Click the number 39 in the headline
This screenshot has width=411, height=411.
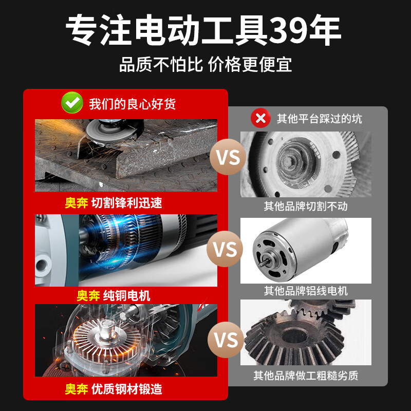[289, 30]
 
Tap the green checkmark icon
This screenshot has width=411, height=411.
[72, 103]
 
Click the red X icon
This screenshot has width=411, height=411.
[260, 119]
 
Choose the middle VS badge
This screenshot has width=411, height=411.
[225, 250]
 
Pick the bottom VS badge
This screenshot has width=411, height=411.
[225, 340]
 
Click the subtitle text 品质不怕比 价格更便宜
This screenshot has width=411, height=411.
[206, 65]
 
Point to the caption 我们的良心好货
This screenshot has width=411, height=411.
[132, 104]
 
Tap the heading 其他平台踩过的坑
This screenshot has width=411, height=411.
[319, 119]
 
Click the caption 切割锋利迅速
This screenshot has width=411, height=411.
[126, 203]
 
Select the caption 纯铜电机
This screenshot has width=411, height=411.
[126, 295]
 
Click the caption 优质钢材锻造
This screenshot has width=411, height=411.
[126, 389]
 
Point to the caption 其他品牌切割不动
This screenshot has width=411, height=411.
[306, 206]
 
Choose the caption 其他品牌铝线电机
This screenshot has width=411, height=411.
[306, 291]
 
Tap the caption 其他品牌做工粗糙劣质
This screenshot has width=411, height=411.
[306, 376]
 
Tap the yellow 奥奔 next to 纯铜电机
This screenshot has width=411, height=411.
[88, 295]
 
